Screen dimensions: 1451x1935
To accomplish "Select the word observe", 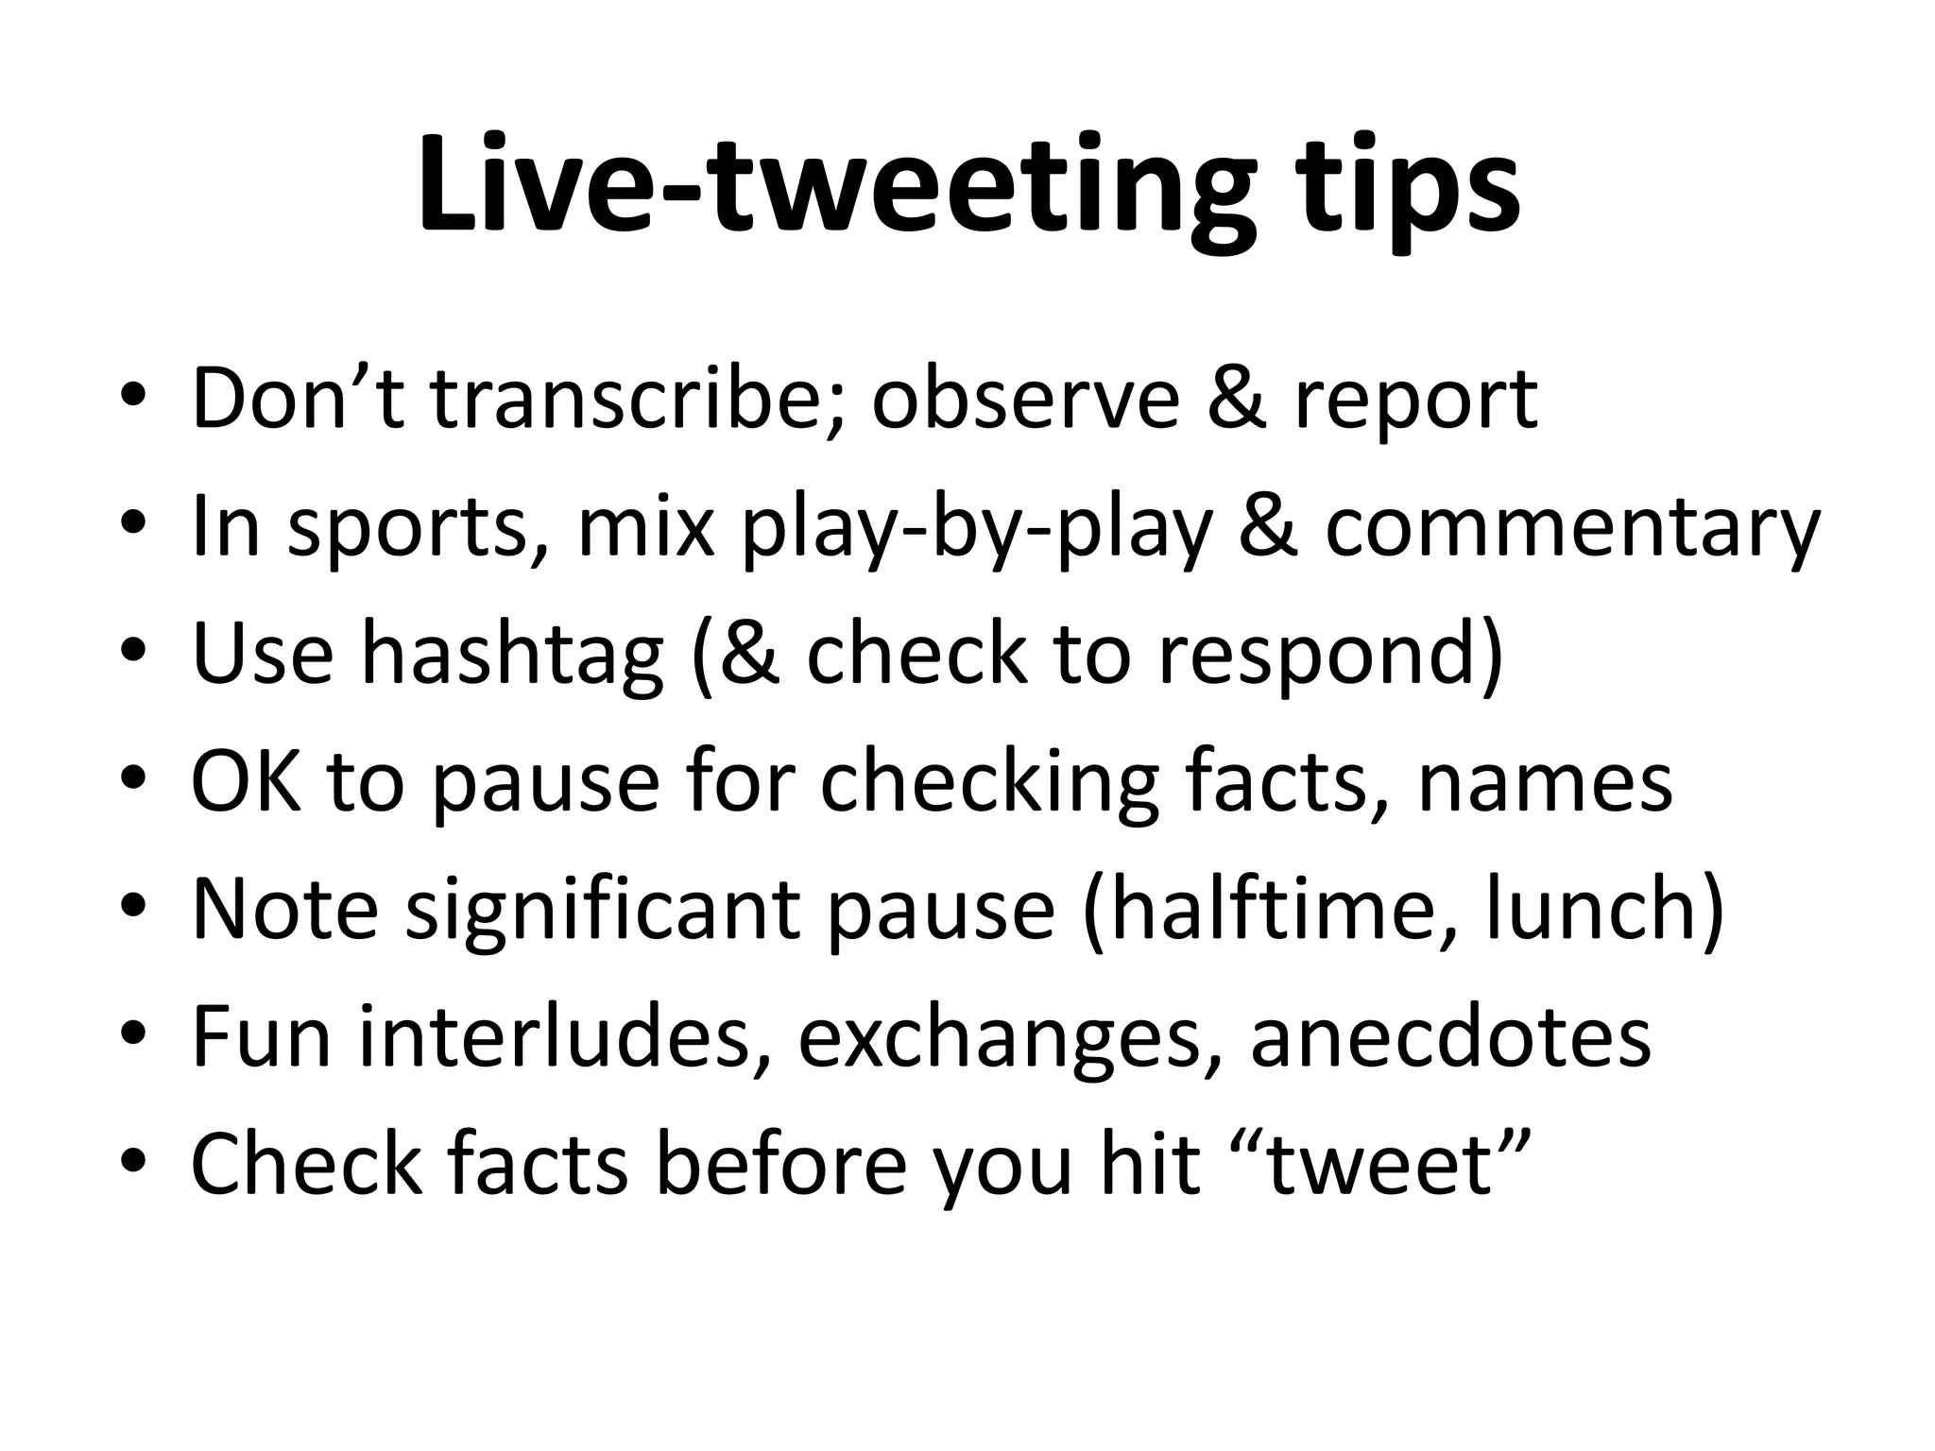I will pyautogui.click(x=1025, y=401).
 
